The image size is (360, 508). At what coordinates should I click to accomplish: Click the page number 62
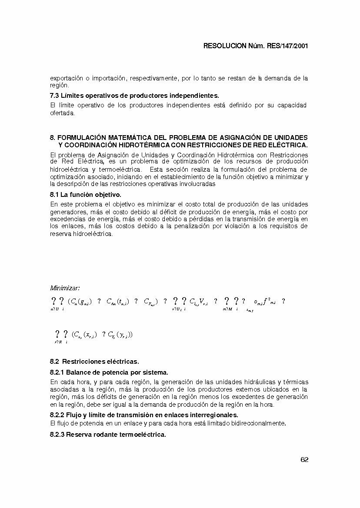(304, 460)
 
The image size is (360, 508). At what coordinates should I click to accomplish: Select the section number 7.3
(55, 95)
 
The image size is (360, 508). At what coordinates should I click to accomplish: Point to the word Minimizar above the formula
(65, 288)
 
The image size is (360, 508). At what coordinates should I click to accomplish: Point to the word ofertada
(63, 113)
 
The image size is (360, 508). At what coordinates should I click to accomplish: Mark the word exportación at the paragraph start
(66, 78)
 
